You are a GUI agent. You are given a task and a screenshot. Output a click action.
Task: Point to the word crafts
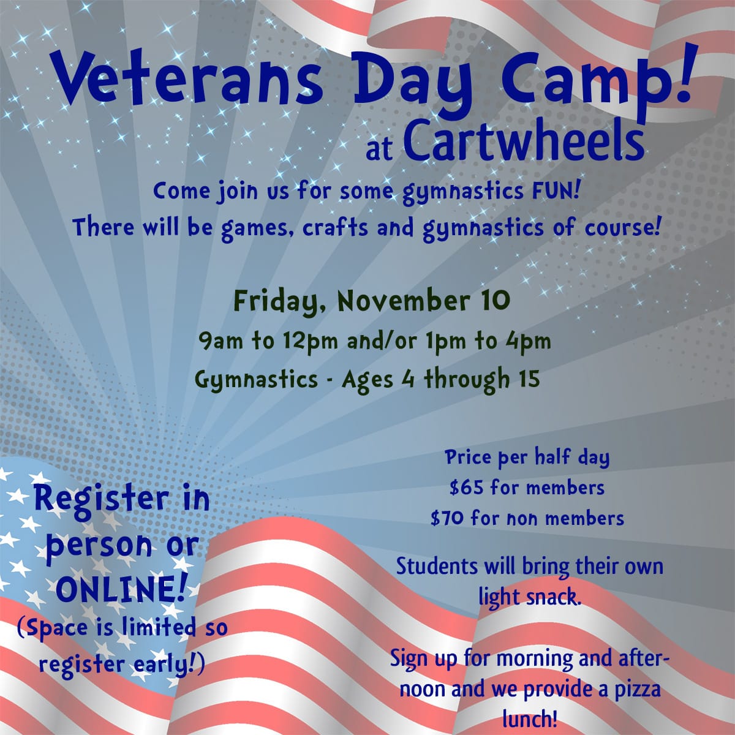coord(335,227)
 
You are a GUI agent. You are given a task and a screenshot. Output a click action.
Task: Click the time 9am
coord(221,341)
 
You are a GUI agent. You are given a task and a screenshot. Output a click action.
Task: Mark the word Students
coord(437,566)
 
